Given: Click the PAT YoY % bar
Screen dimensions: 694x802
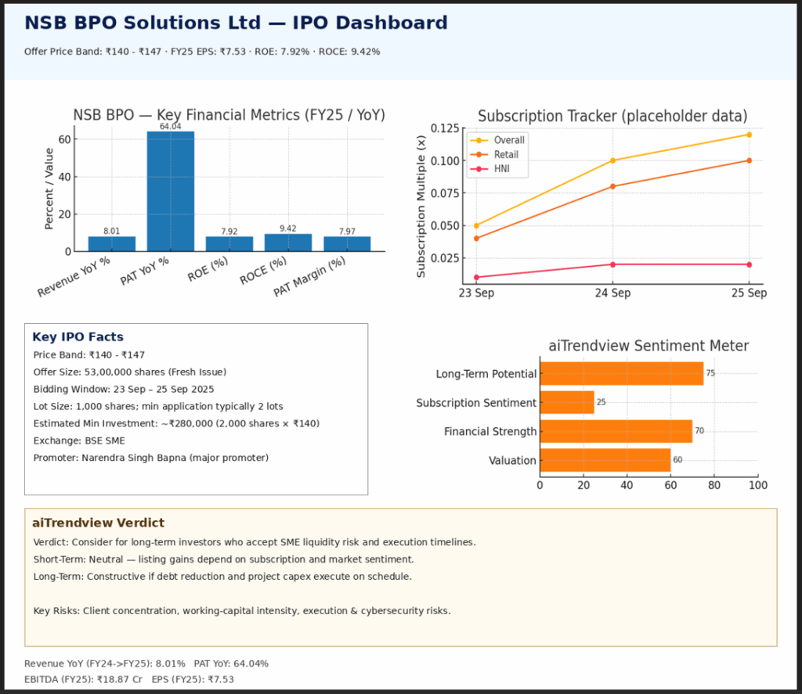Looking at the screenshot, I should point(171,191).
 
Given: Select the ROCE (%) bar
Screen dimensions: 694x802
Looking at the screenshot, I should point(288,243).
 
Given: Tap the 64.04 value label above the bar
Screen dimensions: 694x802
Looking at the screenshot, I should point(170,127).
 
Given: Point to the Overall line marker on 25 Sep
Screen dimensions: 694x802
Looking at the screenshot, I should point(749,135).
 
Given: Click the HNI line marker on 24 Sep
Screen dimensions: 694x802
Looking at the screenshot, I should point(612,264).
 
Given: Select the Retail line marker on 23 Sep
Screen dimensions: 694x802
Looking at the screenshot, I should point(476,238).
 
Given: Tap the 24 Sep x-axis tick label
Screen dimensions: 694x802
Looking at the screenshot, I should point(612,293).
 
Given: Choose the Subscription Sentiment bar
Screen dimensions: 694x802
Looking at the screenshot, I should point(567,402).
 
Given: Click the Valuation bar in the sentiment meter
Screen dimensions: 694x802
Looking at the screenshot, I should point(605,460).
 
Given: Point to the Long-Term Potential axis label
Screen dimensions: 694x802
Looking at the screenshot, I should point(486,374).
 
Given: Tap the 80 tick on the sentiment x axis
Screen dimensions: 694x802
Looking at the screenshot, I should point(713,486).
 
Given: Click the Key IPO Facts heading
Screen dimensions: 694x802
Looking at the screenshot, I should point(78,337).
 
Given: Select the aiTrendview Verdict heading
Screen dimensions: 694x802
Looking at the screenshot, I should point(98,523).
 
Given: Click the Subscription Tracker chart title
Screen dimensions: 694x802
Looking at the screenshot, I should point(612,117).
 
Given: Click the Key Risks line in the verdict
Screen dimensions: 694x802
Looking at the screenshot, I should point(242,610).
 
